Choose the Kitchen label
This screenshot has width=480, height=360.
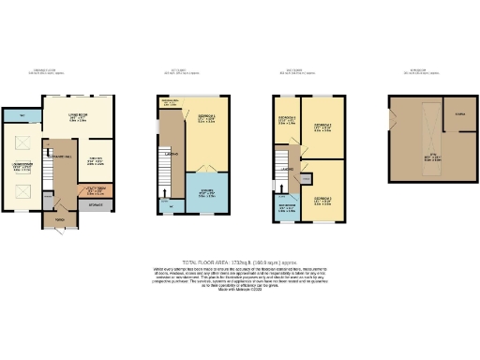point(96,158)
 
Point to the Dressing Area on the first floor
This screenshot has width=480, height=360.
point(170,102)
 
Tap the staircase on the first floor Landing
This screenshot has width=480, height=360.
point(166,178)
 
